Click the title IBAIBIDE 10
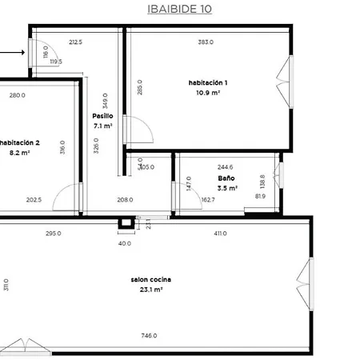tap(180, 10)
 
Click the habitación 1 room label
tap(208, 83)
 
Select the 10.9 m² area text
tap(208, 93)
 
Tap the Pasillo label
tap(102, 116)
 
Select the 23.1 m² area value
tap(151, 290)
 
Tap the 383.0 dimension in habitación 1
tap(206, 42)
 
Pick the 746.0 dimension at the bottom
tap(149, 336)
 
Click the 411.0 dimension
tap(220, 234)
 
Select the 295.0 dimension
tap(53, 234)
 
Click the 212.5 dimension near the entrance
tap(76, 42)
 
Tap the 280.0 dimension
tap(18, 95)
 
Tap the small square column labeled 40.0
tap(124, 223)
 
